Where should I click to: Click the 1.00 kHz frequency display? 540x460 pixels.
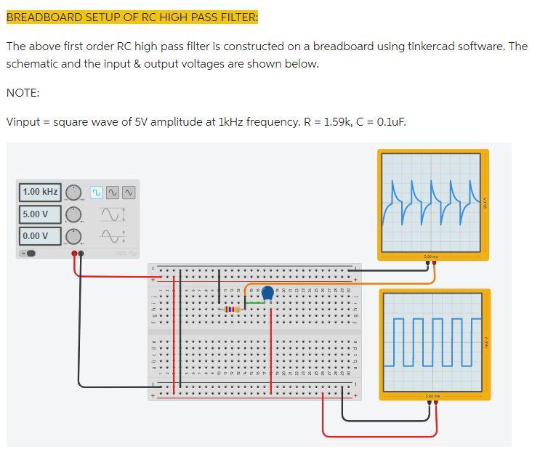pos(40,192)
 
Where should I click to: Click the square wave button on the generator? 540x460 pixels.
pos(96,193)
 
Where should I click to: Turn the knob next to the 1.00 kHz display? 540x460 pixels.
pos(73,193)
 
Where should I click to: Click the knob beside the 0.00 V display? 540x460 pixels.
pos(73,237)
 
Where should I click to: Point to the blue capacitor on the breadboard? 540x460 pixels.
pos(267,294)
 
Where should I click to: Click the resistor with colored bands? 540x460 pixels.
pos(231,310)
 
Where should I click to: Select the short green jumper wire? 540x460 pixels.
pos(254,303)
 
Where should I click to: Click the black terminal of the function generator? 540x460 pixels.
pos(81,254)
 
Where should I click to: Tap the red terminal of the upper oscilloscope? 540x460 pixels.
pos(435,263)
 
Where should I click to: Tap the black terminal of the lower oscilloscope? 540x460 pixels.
pos(429,403)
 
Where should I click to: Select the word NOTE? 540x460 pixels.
pos(23,92)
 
